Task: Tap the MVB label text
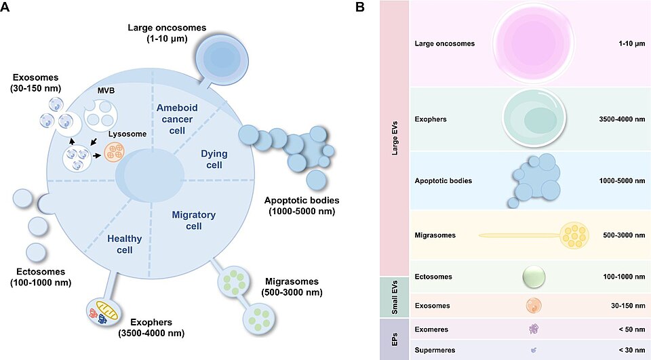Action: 106,91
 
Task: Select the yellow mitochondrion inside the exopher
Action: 107,311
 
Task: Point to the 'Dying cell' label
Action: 214,159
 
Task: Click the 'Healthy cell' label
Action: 125,244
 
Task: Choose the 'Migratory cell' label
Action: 193,220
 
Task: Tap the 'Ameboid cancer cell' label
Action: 177,119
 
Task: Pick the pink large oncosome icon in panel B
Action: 534,43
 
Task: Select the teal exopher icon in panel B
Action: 534,118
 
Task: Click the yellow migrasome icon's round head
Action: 574,235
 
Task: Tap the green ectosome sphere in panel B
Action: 534,277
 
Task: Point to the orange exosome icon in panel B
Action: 534,306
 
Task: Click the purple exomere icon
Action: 534,329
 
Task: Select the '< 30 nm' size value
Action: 632,350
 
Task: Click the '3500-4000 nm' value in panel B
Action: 622,119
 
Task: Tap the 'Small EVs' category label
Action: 395,298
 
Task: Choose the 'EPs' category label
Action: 395,339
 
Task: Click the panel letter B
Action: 360,7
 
